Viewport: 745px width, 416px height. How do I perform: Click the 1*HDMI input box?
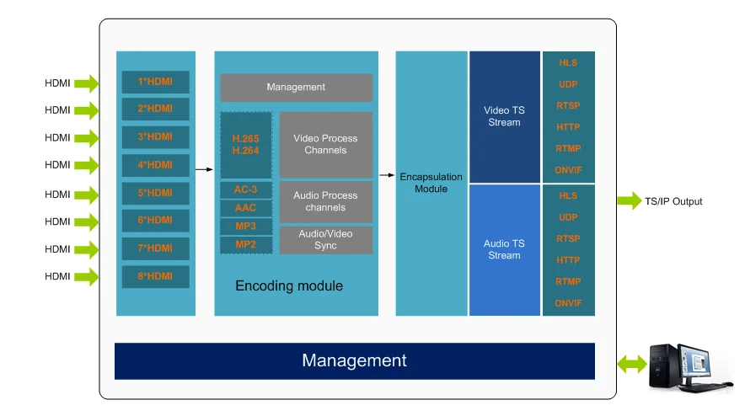(155, 82)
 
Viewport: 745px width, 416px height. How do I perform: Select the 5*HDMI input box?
(155, 193)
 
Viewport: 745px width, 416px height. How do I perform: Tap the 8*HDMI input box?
(155, 276)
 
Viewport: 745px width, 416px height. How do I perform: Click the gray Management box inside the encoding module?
(296, 88)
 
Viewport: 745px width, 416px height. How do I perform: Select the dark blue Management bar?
(354, 361)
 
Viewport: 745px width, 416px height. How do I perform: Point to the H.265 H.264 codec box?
(245, 145)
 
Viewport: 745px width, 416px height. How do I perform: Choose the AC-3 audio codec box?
(245, 189)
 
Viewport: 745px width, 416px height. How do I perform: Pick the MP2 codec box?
(245, 245)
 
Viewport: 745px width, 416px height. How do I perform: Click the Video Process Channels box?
(325, 144)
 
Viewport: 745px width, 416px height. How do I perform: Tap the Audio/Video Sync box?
(325, 240)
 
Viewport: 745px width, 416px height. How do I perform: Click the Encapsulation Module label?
(431, 183)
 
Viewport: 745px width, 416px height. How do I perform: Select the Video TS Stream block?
(504, 117)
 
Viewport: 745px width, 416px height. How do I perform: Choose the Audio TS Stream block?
(504, 250)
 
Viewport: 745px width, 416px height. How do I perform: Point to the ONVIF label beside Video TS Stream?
(568, 169)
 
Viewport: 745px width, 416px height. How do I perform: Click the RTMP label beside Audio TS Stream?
(568, 281)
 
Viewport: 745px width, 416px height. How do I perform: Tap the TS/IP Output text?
(673, 201)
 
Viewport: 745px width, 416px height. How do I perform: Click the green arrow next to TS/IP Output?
(629, 201)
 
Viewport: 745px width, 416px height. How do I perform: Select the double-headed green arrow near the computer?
(630, 364)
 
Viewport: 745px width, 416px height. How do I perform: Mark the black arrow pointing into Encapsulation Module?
(387, 175)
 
